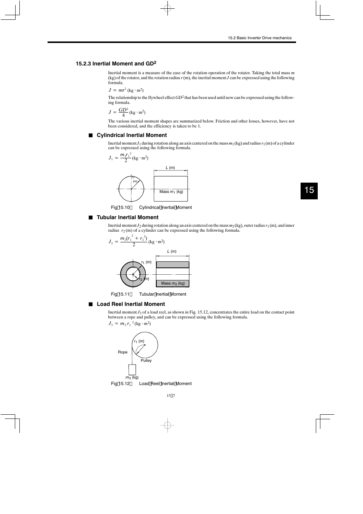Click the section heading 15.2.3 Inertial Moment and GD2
(x=116, y=64)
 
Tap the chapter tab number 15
(x=309, y=190)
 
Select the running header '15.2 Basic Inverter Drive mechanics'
(x=260, y=38)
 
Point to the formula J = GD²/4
(x=127, y=112)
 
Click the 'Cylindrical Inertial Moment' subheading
(x=132, y=135)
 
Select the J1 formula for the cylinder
(x=128, y=158)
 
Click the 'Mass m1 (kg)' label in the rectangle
(x=171, y=192)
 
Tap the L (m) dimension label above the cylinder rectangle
(x=170, y=168)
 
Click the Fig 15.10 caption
(x=151, y=207)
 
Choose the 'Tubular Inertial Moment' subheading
(x=127, y=217)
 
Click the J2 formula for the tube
(x=136, y=241)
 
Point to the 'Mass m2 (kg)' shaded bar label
(x=173, y=283)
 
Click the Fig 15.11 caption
(x=148, y=294)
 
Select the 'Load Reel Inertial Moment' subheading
(x=131, y=304)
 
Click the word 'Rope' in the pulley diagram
(x=123, y=352)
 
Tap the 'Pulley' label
(x=146, y=361)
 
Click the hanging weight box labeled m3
(x=132, y=369)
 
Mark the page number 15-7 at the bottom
(x=170, y=396)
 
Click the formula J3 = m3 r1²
(x=129, y=323)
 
